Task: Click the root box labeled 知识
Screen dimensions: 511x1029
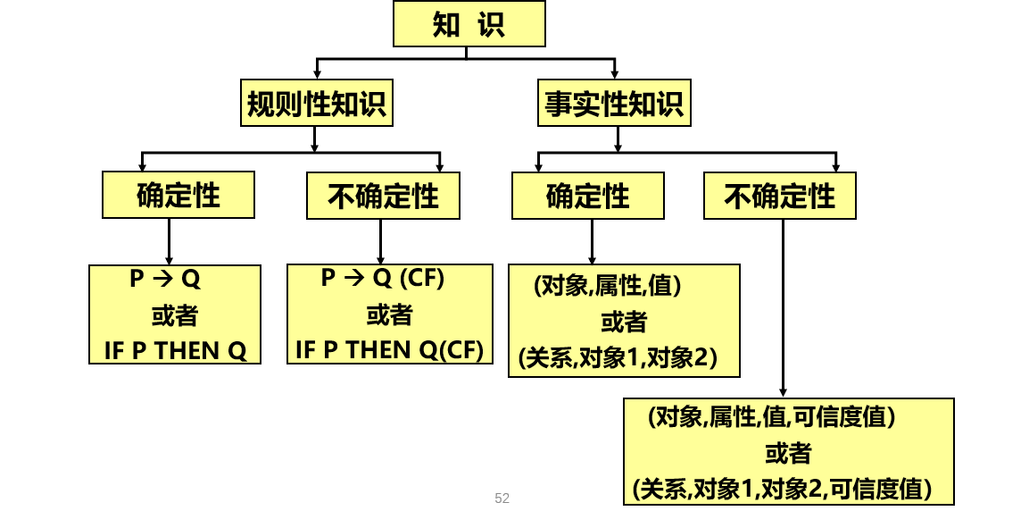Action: [x=469, y=24]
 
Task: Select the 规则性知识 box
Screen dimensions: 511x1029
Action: [x=317, y=105]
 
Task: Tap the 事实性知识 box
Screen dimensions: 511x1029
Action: [x=615, y=105]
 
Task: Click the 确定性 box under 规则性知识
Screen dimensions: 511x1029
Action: [x=178, y=196]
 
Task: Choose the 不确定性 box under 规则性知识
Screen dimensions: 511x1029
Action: [x=383, y=196]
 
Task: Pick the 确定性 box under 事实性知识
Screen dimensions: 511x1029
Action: [x=588, y=196]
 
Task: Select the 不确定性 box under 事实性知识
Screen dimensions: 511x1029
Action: [x=780, y=196]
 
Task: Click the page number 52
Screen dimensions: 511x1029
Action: [x=502, y=498]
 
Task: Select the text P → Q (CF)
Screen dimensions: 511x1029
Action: [x=382, y=279]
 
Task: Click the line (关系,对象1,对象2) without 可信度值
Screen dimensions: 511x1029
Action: [x=618, y=358]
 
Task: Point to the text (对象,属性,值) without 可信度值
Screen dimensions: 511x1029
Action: [x=608, y=286]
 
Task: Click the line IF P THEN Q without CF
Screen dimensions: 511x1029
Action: [x=175, y=349]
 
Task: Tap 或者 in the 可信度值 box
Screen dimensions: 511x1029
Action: [x=788, y=453]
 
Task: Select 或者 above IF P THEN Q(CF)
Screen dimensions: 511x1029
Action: [x=390, y=314]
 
